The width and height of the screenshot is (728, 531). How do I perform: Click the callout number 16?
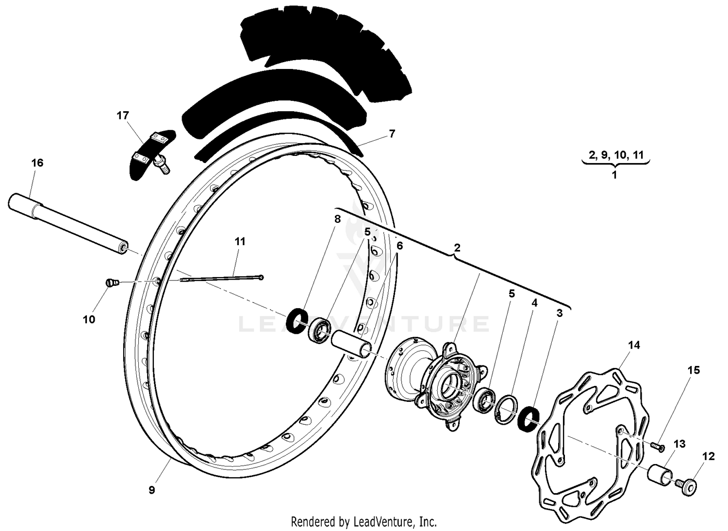(x=37, y=163)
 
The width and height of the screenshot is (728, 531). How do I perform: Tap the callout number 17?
(x=123, y=116)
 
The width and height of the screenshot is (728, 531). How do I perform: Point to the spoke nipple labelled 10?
(x=112, y=283)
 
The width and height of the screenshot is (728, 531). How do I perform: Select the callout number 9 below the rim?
(x=152, y=490)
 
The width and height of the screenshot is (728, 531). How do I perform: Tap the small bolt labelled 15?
(x=658, y=446)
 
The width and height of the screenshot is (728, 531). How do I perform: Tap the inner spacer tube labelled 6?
(x=352, y=345)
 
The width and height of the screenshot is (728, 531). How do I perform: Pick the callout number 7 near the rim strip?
(x=392, y=134)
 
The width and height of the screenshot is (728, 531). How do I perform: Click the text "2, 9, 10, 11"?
(x=616, y=155)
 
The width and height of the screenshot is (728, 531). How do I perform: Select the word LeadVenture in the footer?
(x=385, y=522)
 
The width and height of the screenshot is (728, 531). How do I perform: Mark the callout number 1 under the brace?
(x=614, y=175)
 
